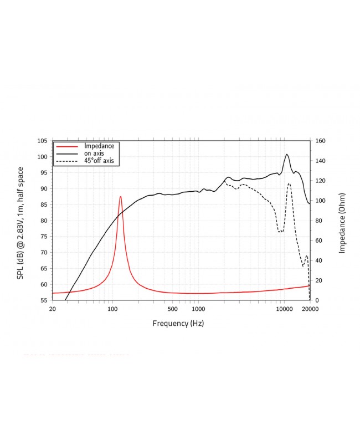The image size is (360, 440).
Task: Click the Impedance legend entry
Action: pos(102,146)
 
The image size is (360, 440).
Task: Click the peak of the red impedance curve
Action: pos(120,196)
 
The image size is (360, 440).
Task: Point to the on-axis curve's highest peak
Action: pos(287,154)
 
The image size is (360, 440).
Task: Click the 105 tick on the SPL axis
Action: pos(42,141)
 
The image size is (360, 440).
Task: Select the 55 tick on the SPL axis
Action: pos(43,300)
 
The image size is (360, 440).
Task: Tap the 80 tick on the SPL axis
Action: pos(43,221)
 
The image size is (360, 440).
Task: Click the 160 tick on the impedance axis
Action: pos(320,141)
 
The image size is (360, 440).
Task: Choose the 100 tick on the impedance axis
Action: pos(320,201)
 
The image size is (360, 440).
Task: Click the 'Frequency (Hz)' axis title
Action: pos(178,323)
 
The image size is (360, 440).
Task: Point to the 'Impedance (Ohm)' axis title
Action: pos(342,221)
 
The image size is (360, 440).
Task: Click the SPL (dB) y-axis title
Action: pos(20,221)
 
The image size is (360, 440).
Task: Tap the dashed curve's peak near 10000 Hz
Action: pos(289,183)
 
